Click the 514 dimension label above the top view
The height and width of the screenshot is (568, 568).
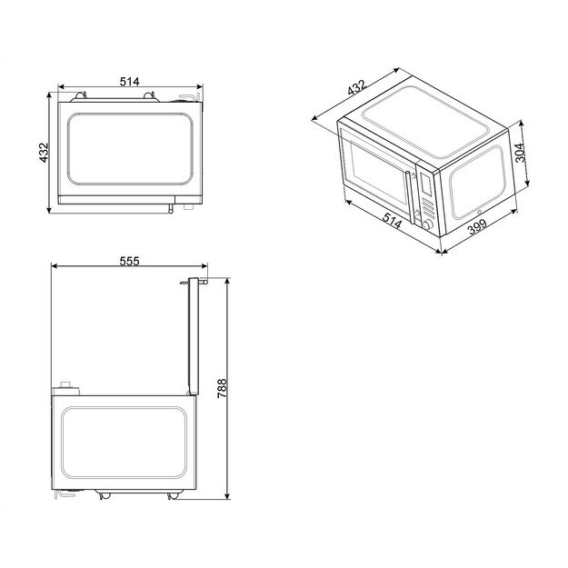[129, 82]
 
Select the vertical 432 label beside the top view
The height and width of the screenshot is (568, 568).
[43, 152]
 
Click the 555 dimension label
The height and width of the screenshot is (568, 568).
[129, 261]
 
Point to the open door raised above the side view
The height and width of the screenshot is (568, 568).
[191, 336]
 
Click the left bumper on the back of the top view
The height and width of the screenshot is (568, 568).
[78, 94]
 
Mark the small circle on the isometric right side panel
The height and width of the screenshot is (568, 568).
[479, 214]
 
